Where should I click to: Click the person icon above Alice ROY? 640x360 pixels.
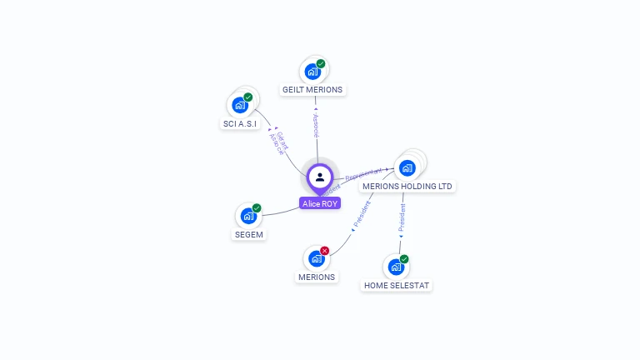point(320,177)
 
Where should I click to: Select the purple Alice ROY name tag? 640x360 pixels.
point(320,203)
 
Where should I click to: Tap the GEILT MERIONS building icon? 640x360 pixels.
point(312,72)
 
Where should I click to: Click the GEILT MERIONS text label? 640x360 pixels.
point(312,90)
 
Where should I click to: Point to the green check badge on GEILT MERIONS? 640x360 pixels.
point(321,64)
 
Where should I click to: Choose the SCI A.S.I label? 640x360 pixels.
point(240,124)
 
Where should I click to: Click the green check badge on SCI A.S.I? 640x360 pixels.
point(247,97)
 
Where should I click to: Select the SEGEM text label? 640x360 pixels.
point(248,235)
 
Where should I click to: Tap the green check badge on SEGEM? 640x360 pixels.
point(257,208)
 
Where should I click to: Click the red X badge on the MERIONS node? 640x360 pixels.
point(325,251)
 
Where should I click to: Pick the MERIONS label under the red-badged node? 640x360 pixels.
point(317,277)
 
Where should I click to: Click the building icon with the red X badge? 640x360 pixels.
point(316,259)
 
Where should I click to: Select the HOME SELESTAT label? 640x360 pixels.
point(397,286)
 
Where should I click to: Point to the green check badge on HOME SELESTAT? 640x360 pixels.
point(404,259)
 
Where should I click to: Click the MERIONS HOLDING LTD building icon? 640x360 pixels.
point(407,168)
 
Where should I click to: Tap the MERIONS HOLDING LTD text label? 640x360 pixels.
point(409,187)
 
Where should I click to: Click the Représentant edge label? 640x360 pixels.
point(363,174)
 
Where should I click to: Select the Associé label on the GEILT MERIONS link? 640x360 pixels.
point(316,122)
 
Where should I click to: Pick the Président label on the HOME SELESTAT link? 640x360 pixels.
point(402,217)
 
